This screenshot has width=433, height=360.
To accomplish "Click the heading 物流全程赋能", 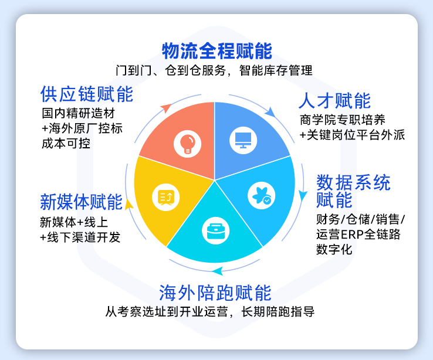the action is click(x=217, y=51).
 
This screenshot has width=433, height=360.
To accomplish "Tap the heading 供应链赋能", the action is click(x=87, y=94).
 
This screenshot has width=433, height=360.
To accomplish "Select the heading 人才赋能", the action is click(x=334, y=101).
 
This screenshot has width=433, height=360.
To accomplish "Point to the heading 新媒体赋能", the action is click(x=81, y=202).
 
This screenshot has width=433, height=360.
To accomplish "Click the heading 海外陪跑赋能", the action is click(x=215, y=293).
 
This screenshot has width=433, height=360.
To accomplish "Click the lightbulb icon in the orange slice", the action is click(x=188, y=144).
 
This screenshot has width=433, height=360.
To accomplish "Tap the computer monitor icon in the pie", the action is click(x=243, y=140).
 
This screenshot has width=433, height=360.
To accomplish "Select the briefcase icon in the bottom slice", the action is click(x=216, y=231).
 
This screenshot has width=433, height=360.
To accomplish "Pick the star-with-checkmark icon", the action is click(x=261, y=196).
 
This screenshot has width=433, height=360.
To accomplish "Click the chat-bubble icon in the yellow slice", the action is click(x=165, y=198).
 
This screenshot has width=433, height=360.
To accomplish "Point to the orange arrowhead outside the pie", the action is click(x=166, y=107).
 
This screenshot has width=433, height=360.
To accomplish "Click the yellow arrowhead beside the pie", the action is click(x=128, y=205).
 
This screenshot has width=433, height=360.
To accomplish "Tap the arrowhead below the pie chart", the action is click(x=218, y=271).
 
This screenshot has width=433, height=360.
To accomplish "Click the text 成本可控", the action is click(x=66, y=144).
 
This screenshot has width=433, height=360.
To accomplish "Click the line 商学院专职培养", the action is click(x=343, y=120).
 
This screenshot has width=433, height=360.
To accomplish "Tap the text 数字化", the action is click(x=334, y=249).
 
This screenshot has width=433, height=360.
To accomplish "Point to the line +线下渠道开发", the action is click(x=80, y=237).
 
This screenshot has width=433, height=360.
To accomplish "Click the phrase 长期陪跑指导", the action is click(x=278, y=312).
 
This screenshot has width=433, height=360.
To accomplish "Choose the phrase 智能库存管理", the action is click(x=276, y=70).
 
